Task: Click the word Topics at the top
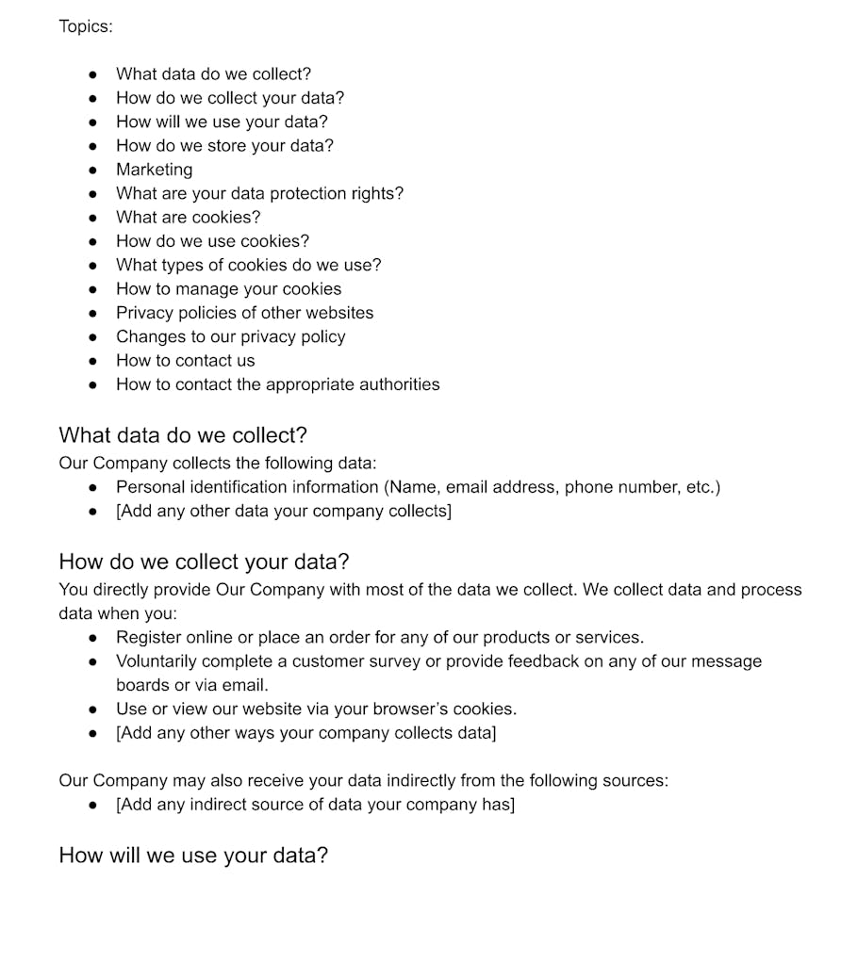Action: point(85,26)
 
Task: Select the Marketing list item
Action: point(154,170)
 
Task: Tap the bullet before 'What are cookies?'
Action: point(92,218)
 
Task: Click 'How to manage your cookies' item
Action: point(228,289)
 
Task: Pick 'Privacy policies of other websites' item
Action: point(244,313)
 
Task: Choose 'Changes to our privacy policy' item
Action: point(230,336)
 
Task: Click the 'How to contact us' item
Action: point(185,361)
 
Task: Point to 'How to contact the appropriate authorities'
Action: point(277,384)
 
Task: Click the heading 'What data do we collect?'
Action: point(183,435)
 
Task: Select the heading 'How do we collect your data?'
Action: point(204,562)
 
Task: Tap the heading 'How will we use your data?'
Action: point(193,856)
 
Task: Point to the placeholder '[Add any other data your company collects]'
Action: point(283,511)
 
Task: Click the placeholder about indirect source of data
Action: point(315,805)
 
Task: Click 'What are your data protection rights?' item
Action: point(259,193)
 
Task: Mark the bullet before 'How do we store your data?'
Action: point(92,146)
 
